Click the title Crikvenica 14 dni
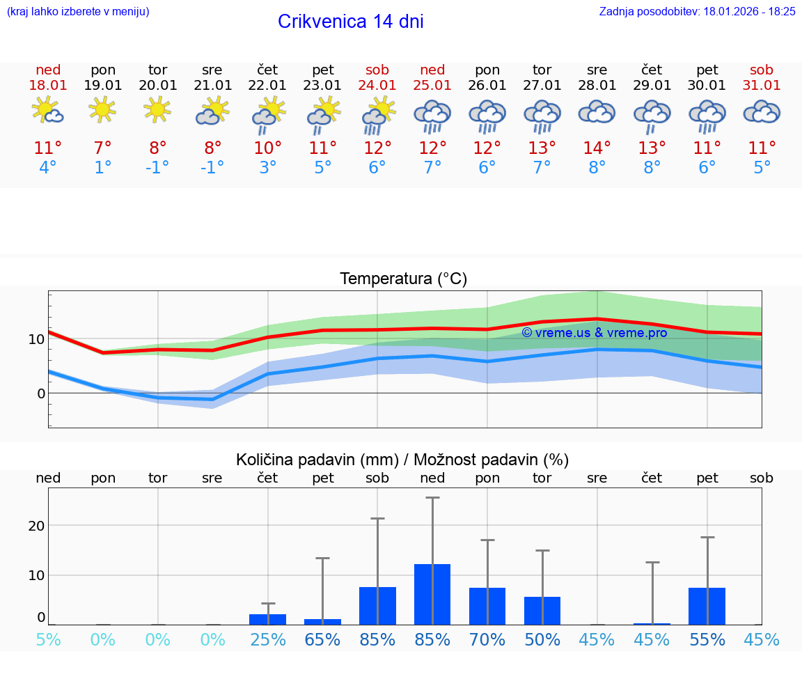click(x=350, y=22)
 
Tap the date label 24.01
click(x=377, y=85)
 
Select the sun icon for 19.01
click(x=102, y=109)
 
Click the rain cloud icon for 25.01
click(x=432, y=116)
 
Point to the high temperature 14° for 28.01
click(x=597, y=148)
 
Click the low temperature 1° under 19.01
click(x=102, y=167)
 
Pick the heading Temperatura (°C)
click(x=403, y=279)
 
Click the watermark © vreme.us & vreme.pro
click(x=594, y=333)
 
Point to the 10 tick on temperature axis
click(x=36, y=339)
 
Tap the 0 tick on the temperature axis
click(x=40, y=393)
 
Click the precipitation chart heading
click(x=402, y=460)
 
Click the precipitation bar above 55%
click(x=707, y=606)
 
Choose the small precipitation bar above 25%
click(x=267, y=619)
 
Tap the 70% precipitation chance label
click(x=487, y=639)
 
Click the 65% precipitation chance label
click(x=322, y=639)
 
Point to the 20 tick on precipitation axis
click(x=36, y=525)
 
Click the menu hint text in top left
click(x=78, y=11)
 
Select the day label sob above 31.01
click(x=761, y=70)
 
